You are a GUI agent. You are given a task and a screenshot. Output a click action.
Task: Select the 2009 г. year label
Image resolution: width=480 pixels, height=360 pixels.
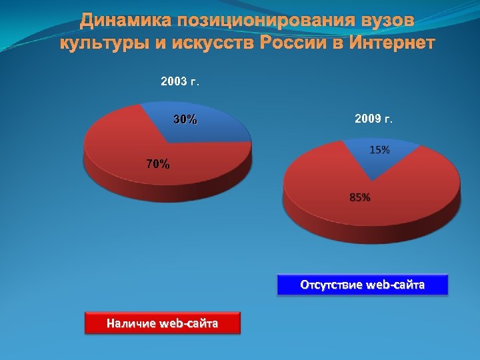(x=374, y=119)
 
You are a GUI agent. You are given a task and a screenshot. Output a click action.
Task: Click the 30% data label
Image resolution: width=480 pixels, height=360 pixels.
(x=185, y=120)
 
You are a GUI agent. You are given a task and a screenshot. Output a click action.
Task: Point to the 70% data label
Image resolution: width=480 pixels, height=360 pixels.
(x=158, y=163)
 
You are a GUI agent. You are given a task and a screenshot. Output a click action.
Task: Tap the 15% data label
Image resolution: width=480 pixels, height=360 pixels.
(x=379, y=150)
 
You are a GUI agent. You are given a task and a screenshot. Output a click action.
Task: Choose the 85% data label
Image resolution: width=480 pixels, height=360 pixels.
(x=360, y=197)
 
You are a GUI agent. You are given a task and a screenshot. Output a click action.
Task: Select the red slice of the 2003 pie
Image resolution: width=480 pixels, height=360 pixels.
(x=127, y=150)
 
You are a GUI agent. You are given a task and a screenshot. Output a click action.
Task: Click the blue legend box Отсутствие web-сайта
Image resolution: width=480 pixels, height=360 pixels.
(x=363, y=285)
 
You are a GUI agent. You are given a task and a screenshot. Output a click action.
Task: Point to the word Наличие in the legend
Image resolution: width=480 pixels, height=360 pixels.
(x=127, y=324)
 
